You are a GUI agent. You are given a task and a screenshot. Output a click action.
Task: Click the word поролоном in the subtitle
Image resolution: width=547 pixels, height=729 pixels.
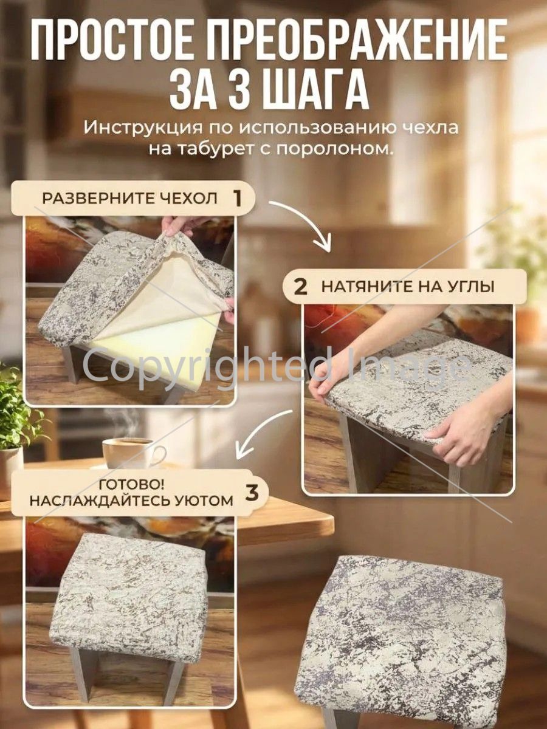[333, 150]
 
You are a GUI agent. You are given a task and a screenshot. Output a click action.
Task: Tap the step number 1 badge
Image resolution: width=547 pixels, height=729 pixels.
[237, 199]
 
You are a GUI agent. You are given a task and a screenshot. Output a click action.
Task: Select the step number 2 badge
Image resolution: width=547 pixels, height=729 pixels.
[301, 286]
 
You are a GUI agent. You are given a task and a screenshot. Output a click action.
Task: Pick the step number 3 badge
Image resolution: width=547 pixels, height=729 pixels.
[252, 493]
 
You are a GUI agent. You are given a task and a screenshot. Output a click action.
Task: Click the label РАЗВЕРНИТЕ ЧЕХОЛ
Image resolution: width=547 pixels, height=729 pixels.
[129, 199]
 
